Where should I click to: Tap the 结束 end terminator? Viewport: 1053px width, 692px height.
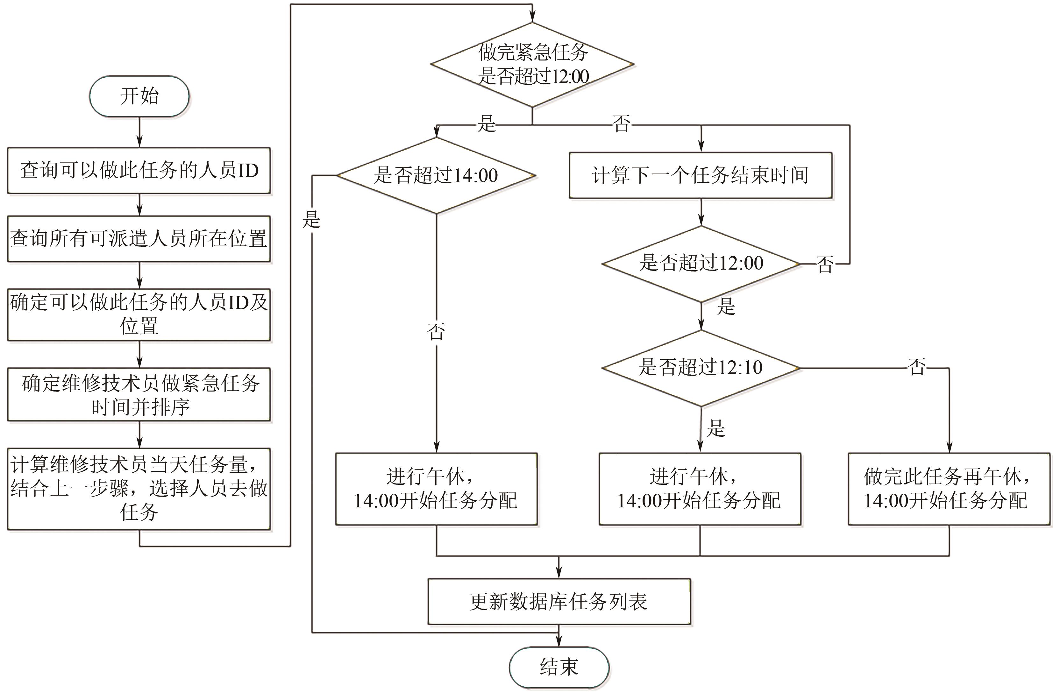(x=559, y=667)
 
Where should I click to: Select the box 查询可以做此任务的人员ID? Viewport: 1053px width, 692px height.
(x=139, y=171)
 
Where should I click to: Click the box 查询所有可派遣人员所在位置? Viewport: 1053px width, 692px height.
(x=139, y=239)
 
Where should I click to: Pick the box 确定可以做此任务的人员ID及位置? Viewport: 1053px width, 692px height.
(x=139, y=314)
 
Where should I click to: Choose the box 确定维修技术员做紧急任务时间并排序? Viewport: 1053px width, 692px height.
(x=139, y=394)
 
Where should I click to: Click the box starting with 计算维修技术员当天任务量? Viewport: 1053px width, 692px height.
(x=139, y=489)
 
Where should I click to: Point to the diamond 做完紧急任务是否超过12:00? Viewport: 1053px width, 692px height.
(x=532, y=65)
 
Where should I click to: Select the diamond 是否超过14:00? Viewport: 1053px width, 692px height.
(x=436, y=175)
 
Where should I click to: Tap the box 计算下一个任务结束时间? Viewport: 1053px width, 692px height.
(x=701, y=175)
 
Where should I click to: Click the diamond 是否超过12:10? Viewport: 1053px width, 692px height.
(x=701, y=368)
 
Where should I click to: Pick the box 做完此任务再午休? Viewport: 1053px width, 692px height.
(x=949, y=489)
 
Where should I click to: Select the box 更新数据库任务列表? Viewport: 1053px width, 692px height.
(x=559, y=601)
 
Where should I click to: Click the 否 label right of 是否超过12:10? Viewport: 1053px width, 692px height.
(x=917, y=367)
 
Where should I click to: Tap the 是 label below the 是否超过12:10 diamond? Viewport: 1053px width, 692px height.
(x=716, y=427)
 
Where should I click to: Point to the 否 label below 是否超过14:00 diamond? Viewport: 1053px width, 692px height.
(x=436, y=331)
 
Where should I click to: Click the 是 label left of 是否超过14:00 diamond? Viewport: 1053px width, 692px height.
(x=311, y=219)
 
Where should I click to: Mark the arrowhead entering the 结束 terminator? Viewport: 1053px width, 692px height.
(x=559, y=642)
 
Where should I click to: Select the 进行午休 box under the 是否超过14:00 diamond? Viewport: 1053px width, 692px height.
(x=436, y=489)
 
